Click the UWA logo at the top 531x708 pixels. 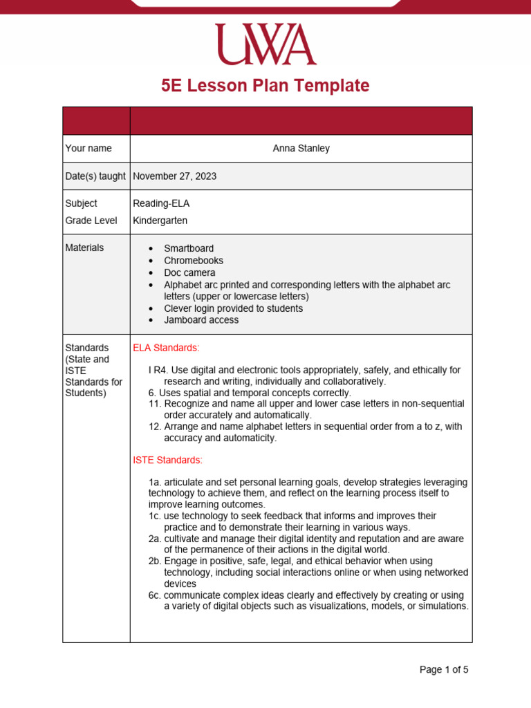(x=265, y=44)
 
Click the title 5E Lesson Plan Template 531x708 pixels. (x=265, y=86)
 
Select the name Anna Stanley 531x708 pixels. (x=301, y=149)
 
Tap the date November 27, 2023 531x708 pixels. (x=174, y=176)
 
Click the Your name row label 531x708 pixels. (x=88, y=149)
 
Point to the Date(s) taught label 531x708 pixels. (x=95, y=176)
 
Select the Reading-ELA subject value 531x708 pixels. (x=160, y=203)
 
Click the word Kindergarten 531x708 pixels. (x=160, y=221)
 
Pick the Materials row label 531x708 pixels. (x=84, y=248)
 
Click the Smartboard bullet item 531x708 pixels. (x=189, y=248)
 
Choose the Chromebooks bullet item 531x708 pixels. (x=194, y=261)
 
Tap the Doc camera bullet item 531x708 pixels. (x=189, y=272)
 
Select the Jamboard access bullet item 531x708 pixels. (x=201, y=320)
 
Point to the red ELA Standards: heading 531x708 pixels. (x=166, y=348)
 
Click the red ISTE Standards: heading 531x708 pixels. (x=167, y=460)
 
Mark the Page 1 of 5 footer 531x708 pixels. (x=444, y=669)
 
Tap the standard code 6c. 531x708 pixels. (x=155, y=595)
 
